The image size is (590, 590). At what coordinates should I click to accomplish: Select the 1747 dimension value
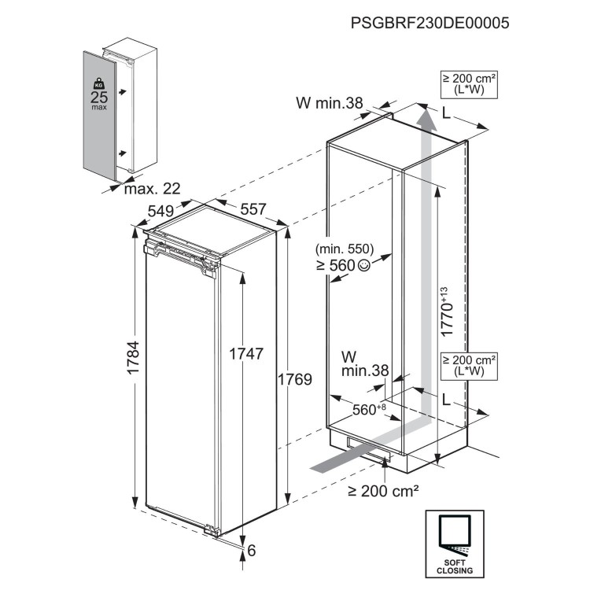[245, 353]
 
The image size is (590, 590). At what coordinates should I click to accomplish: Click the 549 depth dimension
[160, 211]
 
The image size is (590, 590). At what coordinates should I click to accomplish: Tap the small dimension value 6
[252, 551]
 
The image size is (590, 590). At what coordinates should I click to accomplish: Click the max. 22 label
[151, 189]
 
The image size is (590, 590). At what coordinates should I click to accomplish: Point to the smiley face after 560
[363, 266]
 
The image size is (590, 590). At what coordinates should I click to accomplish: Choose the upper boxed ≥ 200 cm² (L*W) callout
[470, 85]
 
